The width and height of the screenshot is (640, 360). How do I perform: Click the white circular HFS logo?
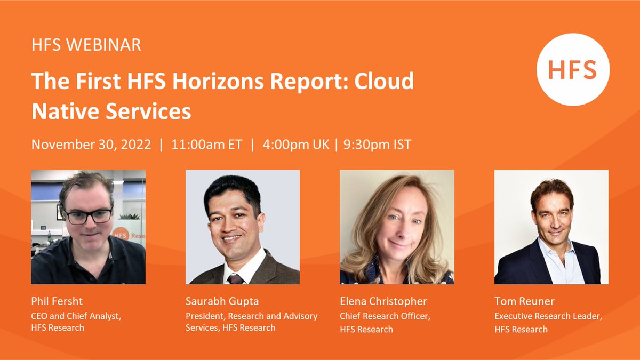tap(573, 69)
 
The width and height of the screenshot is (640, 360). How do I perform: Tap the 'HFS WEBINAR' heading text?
tap(86, 45)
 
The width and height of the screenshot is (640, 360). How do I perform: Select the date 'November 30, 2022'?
tap(91, 145)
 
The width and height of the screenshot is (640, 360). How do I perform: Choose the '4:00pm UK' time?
tap(295, 145)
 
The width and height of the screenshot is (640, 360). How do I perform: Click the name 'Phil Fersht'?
tap(56, 302)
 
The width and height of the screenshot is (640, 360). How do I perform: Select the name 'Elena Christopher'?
tap(383, 302)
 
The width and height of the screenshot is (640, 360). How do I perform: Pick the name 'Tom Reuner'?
tap(524, 302)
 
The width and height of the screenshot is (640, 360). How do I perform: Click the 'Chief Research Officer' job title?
tap(385, 316)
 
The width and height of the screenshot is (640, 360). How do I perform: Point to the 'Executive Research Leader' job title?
tap(548, 316)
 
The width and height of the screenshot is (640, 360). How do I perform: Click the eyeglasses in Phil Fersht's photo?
tap(89, 216)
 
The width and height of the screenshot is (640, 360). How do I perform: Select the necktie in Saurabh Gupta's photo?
tap(235, 278)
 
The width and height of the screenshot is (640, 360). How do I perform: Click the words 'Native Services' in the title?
tap(111, 111)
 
